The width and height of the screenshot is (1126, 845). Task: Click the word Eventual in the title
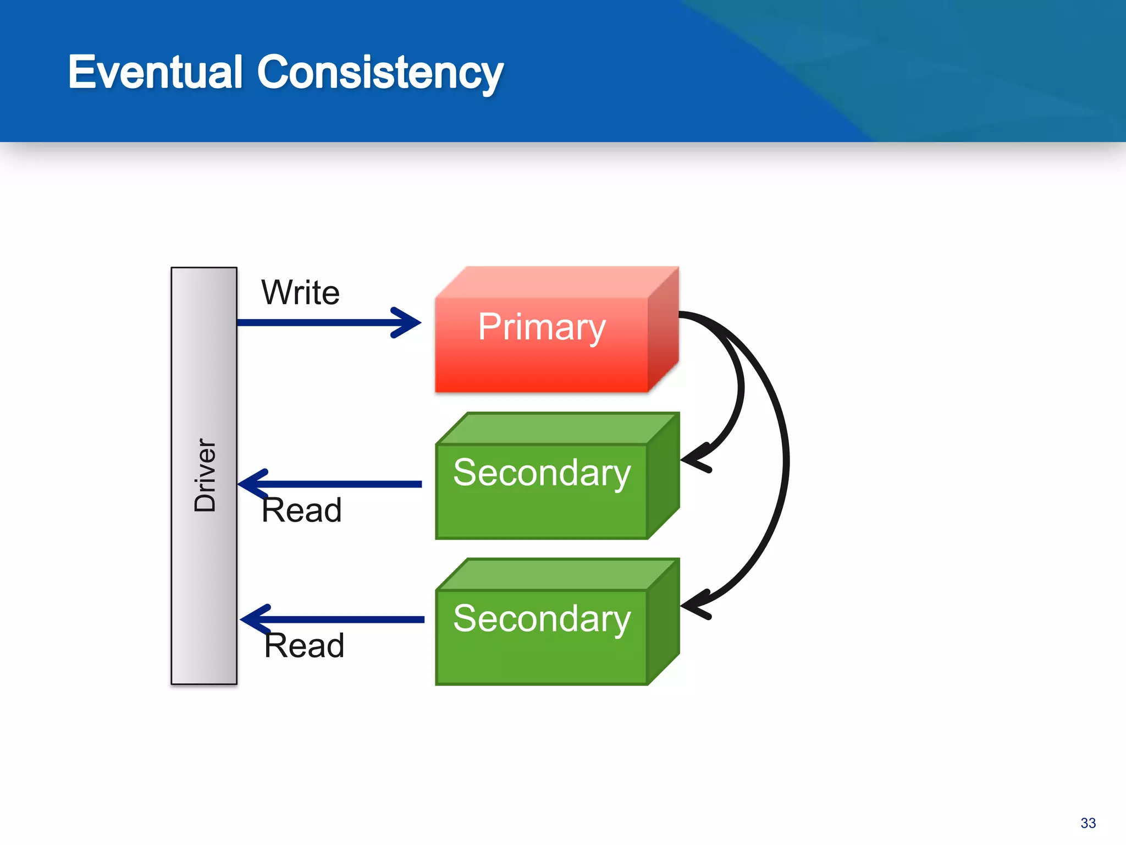click(155, 72)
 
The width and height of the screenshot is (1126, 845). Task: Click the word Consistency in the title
click(380, 73)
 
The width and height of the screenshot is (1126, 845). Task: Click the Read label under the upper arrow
click(301, 510)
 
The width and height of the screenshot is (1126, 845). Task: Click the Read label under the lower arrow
click(304, 645)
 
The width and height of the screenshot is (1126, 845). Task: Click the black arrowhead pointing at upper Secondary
click(694, 460)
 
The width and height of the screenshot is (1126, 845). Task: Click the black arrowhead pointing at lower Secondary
click(694, 606)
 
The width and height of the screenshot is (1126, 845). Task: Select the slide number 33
click(1088, 823)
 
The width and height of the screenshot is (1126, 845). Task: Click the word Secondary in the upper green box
click(542, 473)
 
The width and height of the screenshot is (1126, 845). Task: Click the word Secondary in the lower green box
click(542, 618)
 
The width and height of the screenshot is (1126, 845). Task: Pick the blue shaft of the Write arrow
click(313, 322)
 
